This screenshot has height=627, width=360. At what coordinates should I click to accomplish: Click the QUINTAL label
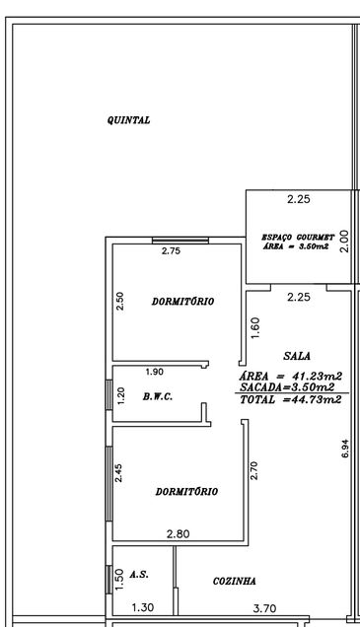[128, 120]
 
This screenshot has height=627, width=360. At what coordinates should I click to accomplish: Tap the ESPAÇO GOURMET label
[298, 238]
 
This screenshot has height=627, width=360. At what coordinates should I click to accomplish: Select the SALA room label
[297, 356]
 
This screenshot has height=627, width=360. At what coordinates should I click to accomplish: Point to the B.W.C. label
[158, 397]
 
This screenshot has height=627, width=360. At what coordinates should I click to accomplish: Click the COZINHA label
[235, 581]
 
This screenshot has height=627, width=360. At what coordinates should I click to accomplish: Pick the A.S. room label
[139, 575]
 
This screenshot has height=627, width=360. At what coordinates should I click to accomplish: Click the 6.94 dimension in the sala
[345, 449]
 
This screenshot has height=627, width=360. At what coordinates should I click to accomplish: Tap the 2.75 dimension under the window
[171, 251]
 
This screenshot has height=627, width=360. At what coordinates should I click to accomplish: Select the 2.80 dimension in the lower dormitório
[178, 533]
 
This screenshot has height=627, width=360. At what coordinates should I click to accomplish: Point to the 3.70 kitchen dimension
[264, 608]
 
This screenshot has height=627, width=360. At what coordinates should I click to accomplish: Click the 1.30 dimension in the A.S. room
[143, 608]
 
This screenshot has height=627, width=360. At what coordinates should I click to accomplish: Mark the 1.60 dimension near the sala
[255, 328]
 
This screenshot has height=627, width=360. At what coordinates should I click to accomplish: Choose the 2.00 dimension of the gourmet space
[344, 242]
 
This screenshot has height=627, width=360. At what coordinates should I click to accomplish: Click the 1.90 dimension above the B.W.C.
[155, 372]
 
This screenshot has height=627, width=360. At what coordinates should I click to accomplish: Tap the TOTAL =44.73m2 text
[291, 399]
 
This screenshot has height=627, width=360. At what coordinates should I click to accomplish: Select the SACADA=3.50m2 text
[287, 387]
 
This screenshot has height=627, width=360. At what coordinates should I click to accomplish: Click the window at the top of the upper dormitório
[180, 241]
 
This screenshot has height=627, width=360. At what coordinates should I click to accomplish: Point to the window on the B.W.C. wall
[108, 394]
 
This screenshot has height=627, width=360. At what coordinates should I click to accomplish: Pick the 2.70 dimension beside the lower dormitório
[254, 470]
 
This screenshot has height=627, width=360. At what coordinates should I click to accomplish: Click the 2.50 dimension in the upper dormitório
[119, 301]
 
